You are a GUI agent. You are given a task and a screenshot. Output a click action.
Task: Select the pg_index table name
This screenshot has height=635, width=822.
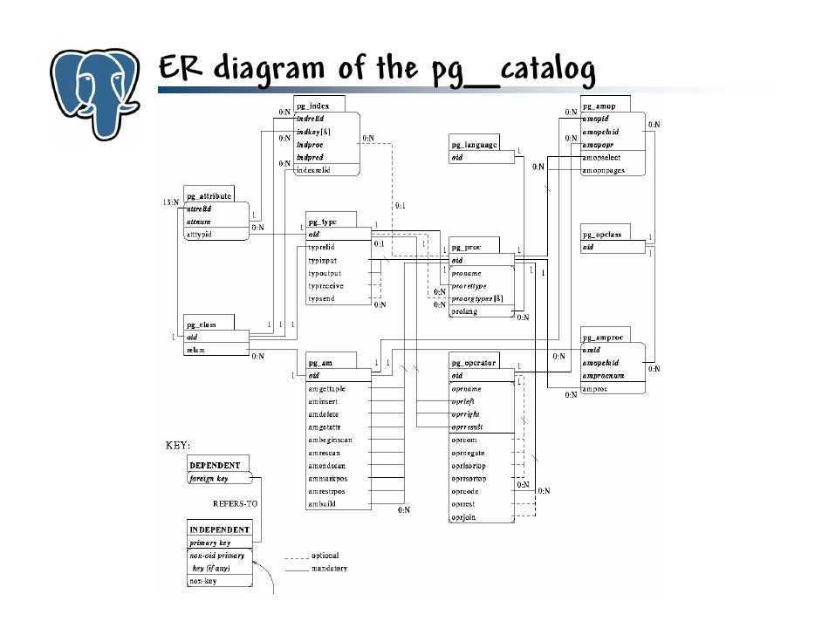312,106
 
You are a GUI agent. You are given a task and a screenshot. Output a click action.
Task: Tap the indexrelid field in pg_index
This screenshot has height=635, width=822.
316,170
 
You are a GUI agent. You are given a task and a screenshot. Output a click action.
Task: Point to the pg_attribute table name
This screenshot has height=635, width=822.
208,197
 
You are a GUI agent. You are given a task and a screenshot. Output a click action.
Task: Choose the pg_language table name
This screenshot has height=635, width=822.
474,145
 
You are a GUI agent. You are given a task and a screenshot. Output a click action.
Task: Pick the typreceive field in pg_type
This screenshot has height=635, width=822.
325,286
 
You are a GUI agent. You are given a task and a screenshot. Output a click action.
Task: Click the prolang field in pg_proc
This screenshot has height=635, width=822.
465,311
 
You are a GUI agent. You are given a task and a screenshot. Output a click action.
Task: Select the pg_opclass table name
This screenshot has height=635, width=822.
601,236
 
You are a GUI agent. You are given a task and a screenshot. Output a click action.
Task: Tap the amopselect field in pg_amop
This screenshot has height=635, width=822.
602,158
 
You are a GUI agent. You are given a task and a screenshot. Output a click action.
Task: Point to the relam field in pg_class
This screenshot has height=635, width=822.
195,350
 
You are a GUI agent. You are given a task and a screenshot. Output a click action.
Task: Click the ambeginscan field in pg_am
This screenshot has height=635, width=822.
332,440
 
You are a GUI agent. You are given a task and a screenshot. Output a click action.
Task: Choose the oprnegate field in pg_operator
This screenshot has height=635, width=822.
469,454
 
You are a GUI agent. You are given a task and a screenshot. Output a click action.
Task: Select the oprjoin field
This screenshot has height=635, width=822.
463,517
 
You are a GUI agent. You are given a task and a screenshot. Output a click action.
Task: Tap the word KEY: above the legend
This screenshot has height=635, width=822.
178,445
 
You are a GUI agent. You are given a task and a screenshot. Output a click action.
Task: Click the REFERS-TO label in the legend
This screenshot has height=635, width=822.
236,504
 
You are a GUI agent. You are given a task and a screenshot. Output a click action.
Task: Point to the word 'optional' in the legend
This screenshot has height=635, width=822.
325,556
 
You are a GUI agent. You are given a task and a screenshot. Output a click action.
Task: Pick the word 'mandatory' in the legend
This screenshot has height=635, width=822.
329,569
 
